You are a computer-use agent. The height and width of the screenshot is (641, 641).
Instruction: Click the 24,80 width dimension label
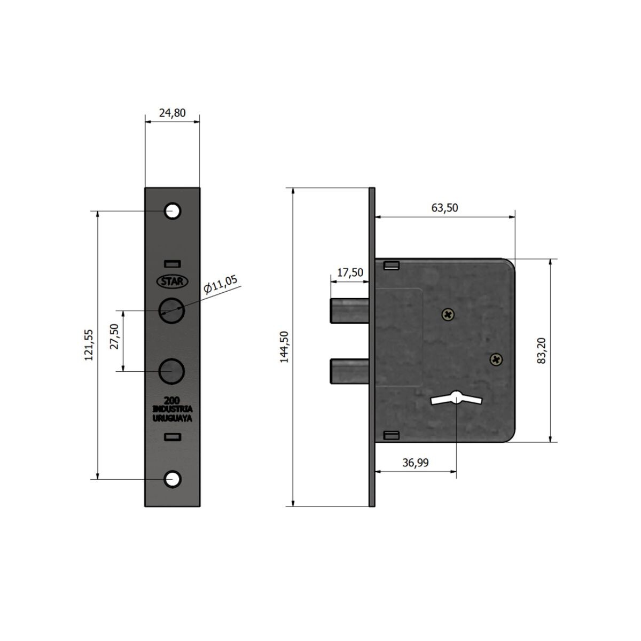click(172, 113)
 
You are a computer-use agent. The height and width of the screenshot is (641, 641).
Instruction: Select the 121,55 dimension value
click(89, 345)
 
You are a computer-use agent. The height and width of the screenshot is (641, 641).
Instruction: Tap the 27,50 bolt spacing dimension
click(114, 336)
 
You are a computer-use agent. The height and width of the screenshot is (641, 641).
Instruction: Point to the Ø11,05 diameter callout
click(221, 284)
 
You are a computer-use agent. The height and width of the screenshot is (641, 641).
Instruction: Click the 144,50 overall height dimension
click(284, 347)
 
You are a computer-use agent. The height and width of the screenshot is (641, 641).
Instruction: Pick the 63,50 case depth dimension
click(444, 208)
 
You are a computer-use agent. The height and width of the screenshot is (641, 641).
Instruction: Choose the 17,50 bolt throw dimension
click(350, 272)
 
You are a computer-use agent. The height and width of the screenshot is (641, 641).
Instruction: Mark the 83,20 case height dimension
click(542, 350)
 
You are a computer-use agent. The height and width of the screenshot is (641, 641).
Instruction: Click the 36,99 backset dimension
click(416, 463)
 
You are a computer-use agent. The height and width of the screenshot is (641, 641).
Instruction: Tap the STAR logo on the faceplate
click(173, 282)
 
